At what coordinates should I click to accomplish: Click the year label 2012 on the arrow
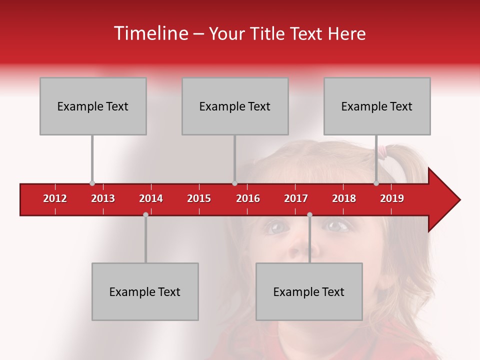coord(55,198)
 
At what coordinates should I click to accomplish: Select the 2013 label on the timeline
coord(103,198)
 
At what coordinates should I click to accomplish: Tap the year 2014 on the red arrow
coord(151,198)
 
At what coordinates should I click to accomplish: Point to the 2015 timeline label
coord(199,198)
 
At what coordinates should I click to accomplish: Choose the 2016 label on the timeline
coord(248,198)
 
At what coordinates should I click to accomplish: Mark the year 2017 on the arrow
coord(296,198)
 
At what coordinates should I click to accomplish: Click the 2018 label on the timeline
coord(344,198)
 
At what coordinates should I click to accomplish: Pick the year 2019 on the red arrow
coord(392,198)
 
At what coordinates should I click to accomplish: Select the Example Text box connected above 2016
coord(235,106)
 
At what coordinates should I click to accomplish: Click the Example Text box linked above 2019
coord(377,106)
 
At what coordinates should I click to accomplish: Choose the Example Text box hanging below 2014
coord(145,291)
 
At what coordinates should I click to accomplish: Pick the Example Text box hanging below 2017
coord(309,291)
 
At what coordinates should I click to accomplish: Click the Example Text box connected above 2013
coord(93,106)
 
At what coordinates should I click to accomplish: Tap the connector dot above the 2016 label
coord(234,183)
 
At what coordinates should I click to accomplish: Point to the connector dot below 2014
coord(145,214)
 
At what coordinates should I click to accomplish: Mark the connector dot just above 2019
coord(376,183)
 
